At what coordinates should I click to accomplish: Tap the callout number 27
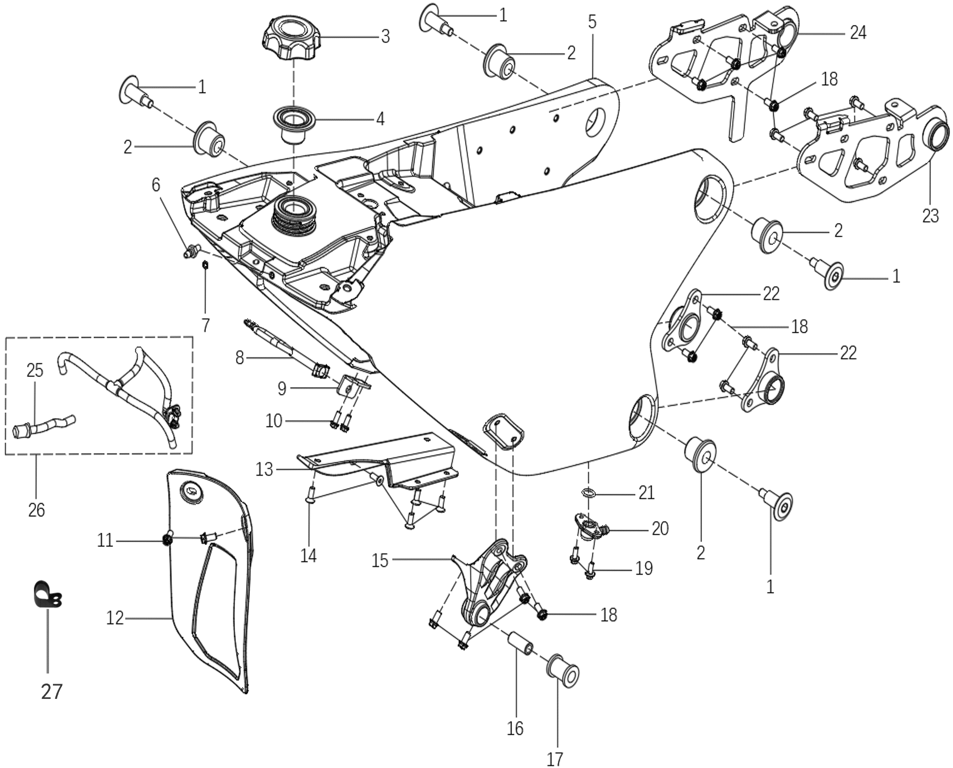coord(51,692)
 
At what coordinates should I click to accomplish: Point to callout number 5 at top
coord(592,22)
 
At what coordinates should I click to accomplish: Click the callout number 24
coord(858,33)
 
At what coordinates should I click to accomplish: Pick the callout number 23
coord(930,216)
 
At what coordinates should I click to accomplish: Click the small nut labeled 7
coord(206,265)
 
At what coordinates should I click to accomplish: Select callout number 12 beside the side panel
coord(115,618)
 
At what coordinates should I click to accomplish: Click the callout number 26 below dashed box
coord(36,510)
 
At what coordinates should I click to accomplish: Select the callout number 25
coord(35,371)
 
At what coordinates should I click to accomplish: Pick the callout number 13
coord(264,470)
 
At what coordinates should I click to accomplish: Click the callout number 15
coord(379,560)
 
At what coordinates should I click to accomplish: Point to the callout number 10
coord(274,421)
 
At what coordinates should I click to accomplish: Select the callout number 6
coord(156,185)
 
